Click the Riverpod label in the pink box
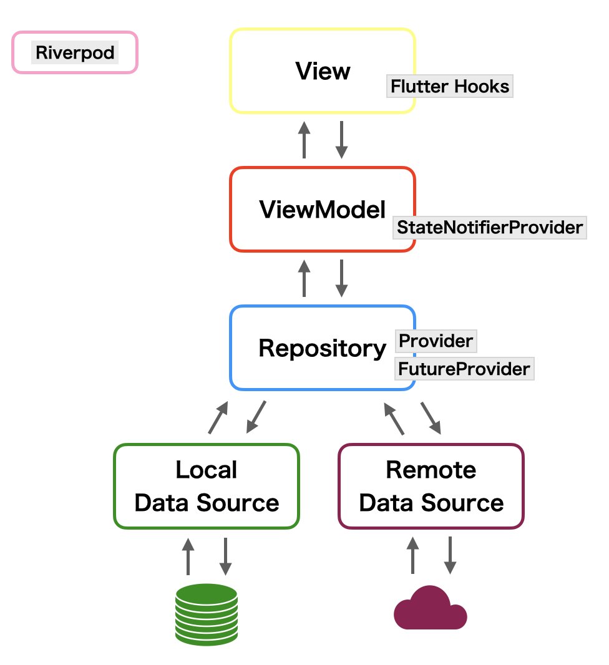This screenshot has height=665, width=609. [x=75, y=52]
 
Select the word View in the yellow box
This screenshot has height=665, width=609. [x=323, y=71]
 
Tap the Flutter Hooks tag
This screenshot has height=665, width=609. [x=450, y=86]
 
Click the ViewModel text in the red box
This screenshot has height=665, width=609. [x=323, y=210]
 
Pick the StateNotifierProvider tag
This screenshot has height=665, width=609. [x=490, y=227]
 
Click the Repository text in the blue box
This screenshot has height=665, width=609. [x=323, y=348]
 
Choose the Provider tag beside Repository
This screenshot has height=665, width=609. [x=436, y=341]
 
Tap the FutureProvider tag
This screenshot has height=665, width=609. [x=464, y=369]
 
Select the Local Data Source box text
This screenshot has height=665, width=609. [x=207, y=486]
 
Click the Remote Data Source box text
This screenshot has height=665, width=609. [x=431, y=486]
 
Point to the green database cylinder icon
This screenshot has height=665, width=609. [x=207, y=614]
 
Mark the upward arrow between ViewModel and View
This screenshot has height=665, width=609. [x=304, y=140]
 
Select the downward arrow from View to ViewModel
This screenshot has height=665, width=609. [x=341, y=140]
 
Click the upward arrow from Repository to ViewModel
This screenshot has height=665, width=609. [x=304, y=278]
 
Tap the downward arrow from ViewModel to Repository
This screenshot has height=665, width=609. [x=341, y=278]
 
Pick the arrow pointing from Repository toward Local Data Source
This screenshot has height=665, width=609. [x=256, y=417]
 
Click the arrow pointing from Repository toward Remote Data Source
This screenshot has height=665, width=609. [x=431, y=418]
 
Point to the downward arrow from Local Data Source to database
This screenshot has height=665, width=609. [x=225, y=556]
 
